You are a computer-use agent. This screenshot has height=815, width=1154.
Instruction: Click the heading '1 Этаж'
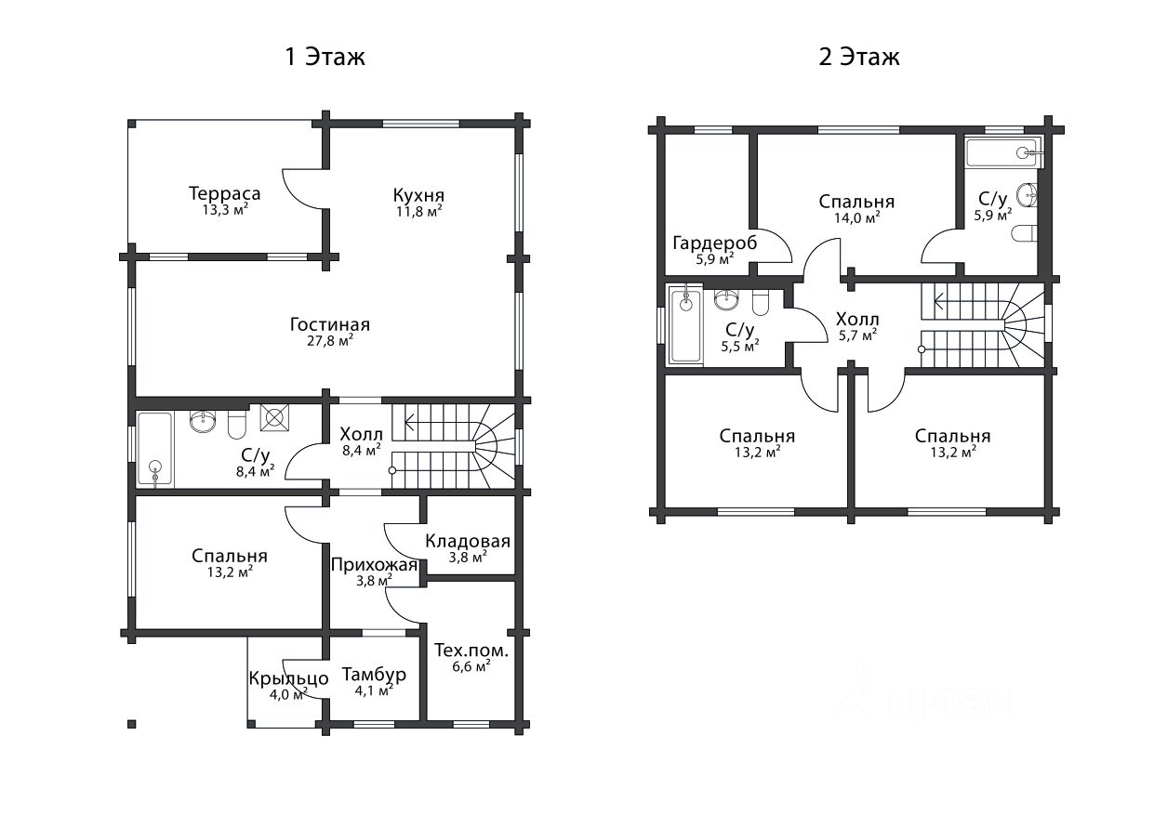(325, 57)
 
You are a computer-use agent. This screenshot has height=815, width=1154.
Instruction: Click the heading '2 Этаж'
(859, 57)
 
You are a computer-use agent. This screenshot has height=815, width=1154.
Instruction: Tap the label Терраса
(225, 193)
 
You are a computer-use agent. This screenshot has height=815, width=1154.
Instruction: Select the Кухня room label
(418, 195)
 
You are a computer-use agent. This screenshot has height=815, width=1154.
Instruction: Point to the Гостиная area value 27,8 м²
(330, 341)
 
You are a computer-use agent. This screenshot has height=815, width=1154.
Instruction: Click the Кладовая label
(467, 541)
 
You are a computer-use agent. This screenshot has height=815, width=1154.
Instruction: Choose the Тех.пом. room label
(471, 651)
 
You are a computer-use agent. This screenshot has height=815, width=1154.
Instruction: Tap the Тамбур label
(374, 675)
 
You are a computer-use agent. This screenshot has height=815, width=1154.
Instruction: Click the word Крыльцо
(288, 678)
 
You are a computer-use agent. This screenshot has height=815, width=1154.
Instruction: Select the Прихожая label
(374, 565)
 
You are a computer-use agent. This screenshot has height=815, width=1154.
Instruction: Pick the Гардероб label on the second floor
(714, 243)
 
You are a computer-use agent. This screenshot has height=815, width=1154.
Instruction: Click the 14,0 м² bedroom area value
(856, 217)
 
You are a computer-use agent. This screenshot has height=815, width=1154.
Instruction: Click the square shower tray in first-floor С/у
(274, 417)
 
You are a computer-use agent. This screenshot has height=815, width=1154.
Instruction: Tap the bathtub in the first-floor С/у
(155, 449)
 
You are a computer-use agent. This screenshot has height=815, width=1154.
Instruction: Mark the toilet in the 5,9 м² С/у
(1025, 234)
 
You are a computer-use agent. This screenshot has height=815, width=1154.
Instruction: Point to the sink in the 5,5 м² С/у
(726, 299)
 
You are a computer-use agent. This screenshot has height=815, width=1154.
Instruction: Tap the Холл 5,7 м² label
(857, 327)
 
